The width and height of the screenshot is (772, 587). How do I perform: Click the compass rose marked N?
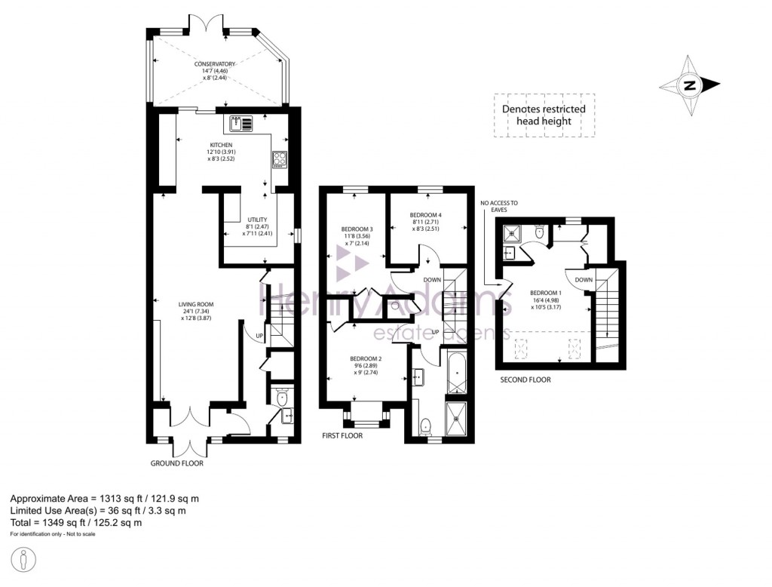tap(689, 85)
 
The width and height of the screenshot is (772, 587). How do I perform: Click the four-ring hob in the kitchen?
tap(279, 159)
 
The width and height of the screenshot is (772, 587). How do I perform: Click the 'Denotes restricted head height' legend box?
tap(544, 115)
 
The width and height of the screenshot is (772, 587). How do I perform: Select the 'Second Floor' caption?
tap(525, 380)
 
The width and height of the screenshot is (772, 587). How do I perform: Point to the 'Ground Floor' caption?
tap(177, 463)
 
